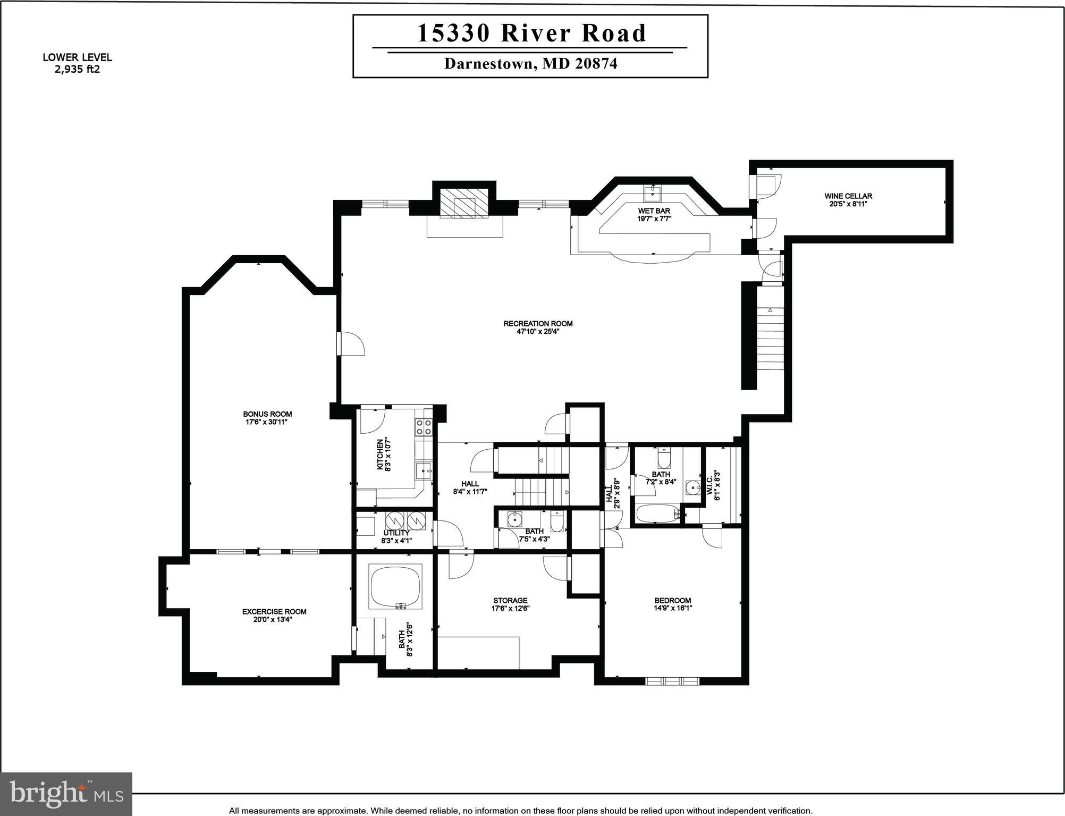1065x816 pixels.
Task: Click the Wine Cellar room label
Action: point(848,196)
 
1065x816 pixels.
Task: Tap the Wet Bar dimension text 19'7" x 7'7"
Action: point(654,218)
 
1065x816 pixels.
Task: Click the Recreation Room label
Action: point(538,323)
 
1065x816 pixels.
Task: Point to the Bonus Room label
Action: point(267,414)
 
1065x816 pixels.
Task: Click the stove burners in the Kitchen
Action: point(423,427)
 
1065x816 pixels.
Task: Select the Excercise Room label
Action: point(274,611)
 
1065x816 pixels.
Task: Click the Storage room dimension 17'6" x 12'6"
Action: point(510,609)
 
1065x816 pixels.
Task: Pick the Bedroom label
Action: point(673,600)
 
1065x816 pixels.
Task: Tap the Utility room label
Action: point(396,533)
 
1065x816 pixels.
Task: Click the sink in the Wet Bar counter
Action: point(652,191)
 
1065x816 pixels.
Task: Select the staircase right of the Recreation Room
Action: point(770,338)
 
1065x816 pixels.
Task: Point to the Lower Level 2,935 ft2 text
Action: point(77,63)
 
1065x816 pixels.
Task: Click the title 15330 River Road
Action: point(531,33)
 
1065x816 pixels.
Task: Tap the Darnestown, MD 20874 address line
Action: point(530,64)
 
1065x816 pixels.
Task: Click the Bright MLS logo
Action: point(66,793)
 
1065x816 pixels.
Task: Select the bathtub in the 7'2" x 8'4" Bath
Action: point(657,514)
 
